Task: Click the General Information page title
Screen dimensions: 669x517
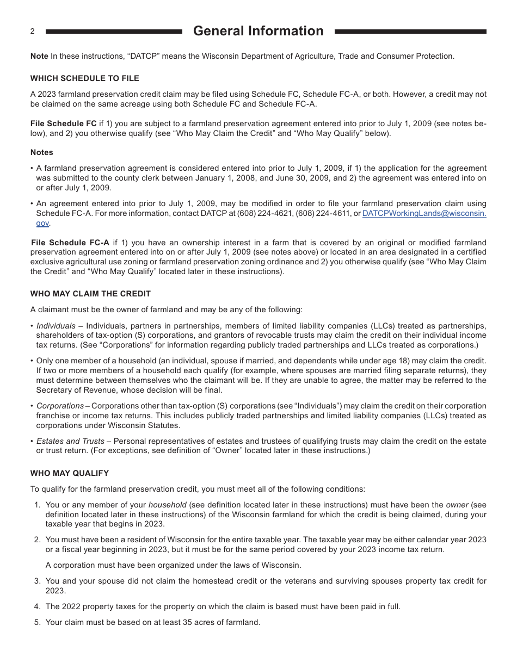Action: tap(258, 31)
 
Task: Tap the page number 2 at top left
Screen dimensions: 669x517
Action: tap(32, 32)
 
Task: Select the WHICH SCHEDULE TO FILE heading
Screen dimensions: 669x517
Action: tap(84, 78)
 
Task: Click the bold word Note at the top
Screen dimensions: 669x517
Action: tap(39, 56)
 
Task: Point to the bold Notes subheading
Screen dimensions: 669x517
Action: tap(42, 152)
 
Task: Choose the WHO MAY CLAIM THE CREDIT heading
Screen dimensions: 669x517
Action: tap(90, 294)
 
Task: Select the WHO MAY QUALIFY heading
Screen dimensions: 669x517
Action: tap(70, 473)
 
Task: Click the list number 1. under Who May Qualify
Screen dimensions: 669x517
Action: tap(38, 505)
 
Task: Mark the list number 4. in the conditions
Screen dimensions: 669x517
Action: tap(38, 606)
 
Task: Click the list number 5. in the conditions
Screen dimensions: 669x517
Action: tap(38, 622)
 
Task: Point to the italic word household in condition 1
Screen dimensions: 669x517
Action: tap(167, 505)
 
